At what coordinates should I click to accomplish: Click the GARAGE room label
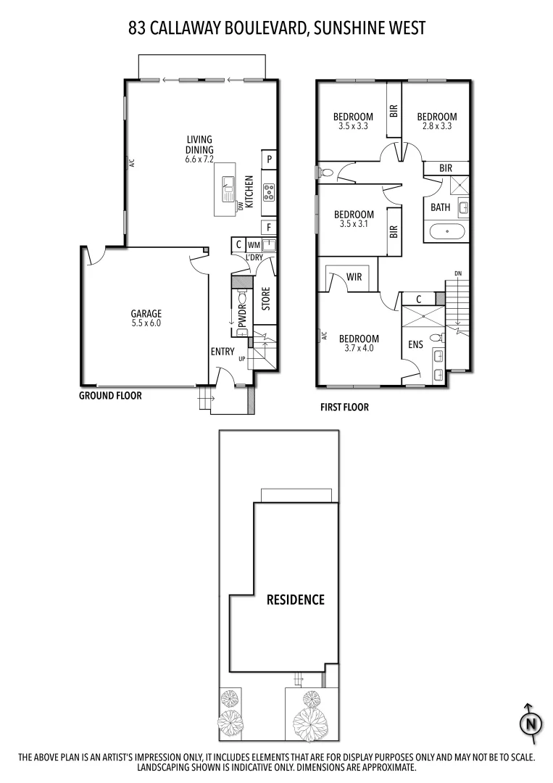(x=146, y=314)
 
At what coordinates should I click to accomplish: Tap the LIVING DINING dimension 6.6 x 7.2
(x=199, y=160)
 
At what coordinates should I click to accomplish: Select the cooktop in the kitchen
(x=269, y=191)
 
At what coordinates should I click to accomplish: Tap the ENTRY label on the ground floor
(x=223, y=352)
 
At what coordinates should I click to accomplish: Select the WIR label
(x=354, y=277)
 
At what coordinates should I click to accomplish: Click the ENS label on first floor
(x=415, y=345)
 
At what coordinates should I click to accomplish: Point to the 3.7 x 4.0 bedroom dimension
(x=359, y=348)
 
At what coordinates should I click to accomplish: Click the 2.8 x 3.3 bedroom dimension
(x=436, y=126)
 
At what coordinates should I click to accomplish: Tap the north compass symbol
(x=532, y=723)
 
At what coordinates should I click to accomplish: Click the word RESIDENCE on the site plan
(x=295, y=600)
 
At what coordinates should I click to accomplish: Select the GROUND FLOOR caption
(x=110, y=396)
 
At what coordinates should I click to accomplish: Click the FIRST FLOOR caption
(x=344, y=407)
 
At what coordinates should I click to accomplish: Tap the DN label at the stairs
(x=457, y=273)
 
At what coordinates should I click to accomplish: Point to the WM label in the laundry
(x=254, y=244)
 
